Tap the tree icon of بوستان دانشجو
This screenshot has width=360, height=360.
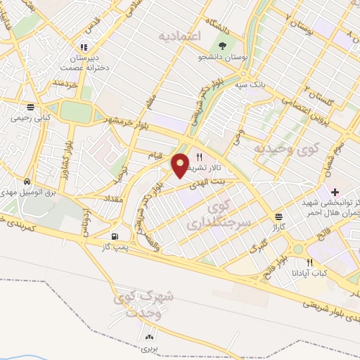click(x=223, y=46)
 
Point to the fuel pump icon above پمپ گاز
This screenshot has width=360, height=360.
click(x=115, y=236)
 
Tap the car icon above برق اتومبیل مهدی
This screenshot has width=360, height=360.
click(x=27, y=179)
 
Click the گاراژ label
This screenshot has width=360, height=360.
click(x=280, y=228)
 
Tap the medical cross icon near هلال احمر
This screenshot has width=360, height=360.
click(x=335, y=191)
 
